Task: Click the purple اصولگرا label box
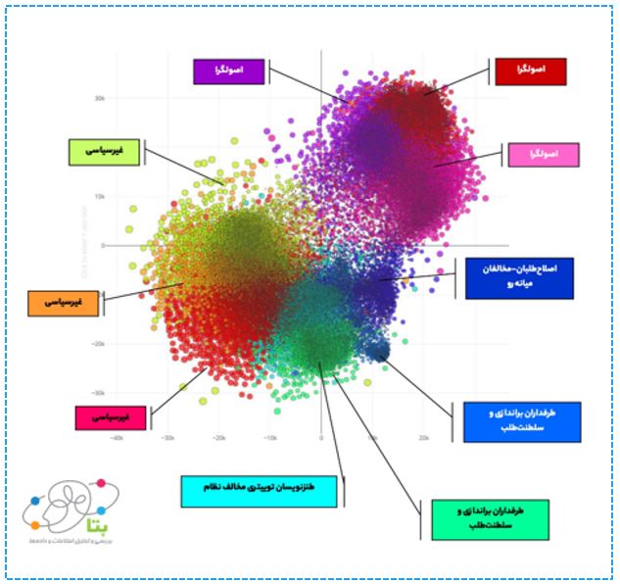tap(230, 72)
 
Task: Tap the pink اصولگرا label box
tap(543, 154)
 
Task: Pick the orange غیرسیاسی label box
tap(65, 303)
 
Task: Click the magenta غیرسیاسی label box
tap(111, 417)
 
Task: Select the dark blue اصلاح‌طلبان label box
tap(518, 278)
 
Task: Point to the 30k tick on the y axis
tap(99, 98)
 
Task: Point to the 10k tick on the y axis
tap(99, 196)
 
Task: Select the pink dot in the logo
tap(100, 482)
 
